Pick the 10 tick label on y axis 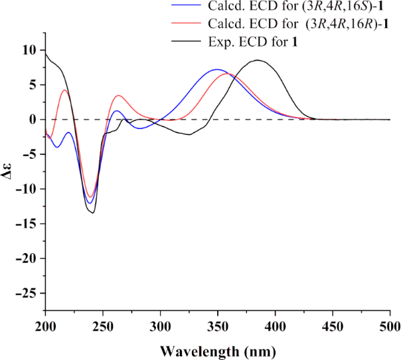(x=29, y=50)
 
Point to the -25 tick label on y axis (x=25, y=293)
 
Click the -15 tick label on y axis (x=25, y=224)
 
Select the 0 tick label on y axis (x=33, y=120)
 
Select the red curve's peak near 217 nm (x=64, y=90)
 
